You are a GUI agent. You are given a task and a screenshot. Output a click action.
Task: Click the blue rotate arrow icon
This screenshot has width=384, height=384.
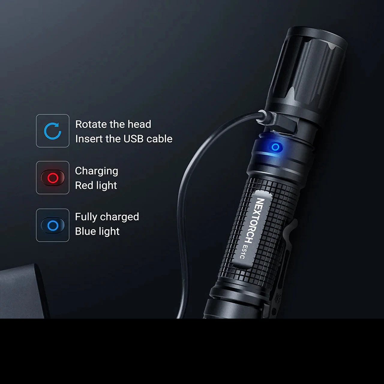[52, 131]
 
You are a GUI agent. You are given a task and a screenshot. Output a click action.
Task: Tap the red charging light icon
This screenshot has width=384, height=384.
[53, 178]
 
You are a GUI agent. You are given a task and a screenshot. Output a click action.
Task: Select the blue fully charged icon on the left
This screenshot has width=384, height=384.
[53, 225]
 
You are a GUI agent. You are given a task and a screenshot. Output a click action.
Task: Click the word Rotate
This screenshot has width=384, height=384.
[91, 124]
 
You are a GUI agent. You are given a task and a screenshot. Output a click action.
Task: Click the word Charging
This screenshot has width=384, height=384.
[96, 171]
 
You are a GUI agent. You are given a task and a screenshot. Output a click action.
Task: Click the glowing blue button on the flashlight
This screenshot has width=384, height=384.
[275, 147]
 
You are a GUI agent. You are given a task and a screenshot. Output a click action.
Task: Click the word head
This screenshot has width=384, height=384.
[139, 124]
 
